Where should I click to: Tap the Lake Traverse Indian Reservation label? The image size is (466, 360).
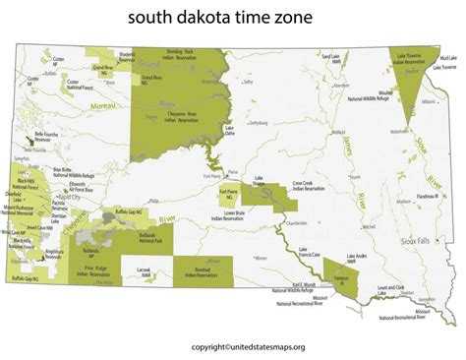[x=412, y=62]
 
